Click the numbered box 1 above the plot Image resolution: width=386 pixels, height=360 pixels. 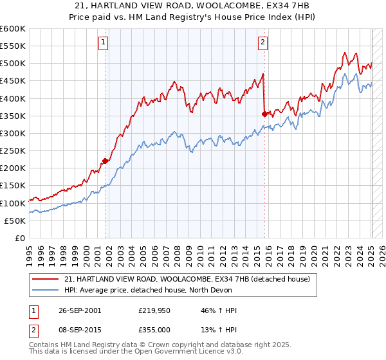coord(104,43)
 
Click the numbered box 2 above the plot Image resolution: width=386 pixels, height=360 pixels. coord(263,43)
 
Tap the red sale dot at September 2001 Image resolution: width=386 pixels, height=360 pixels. coord(106,161)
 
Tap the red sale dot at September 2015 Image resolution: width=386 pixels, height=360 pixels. coord(264,114)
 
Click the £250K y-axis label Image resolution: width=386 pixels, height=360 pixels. coord(13,151)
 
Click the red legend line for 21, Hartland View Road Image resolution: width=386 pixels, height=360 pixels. coord(46,279)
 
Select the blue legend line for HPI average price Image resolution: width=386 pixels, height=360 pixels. coord(46,290)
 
